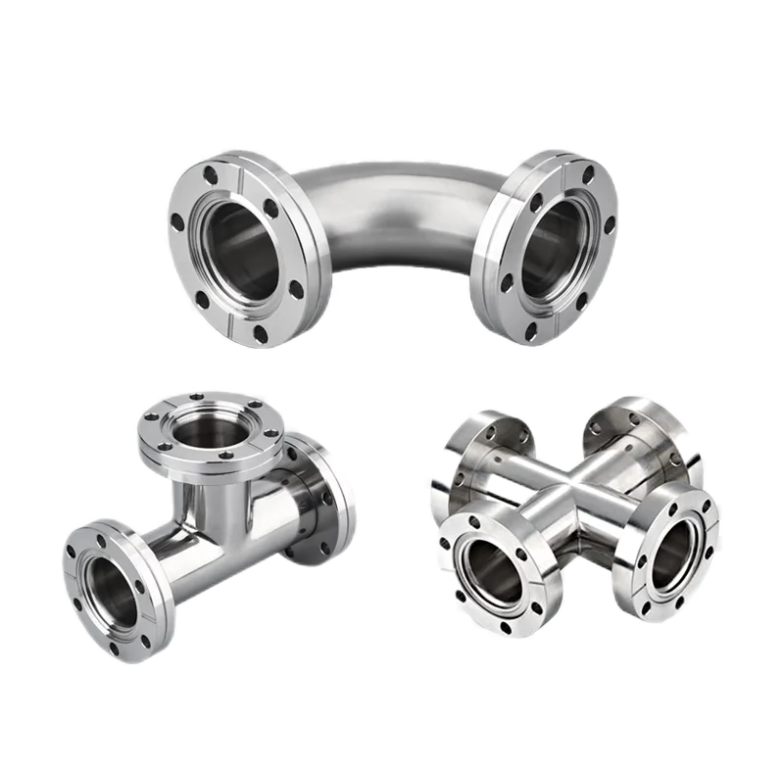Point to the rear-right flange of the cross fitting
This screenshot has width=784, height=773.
pyautogui.click(x=642, y=431)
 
